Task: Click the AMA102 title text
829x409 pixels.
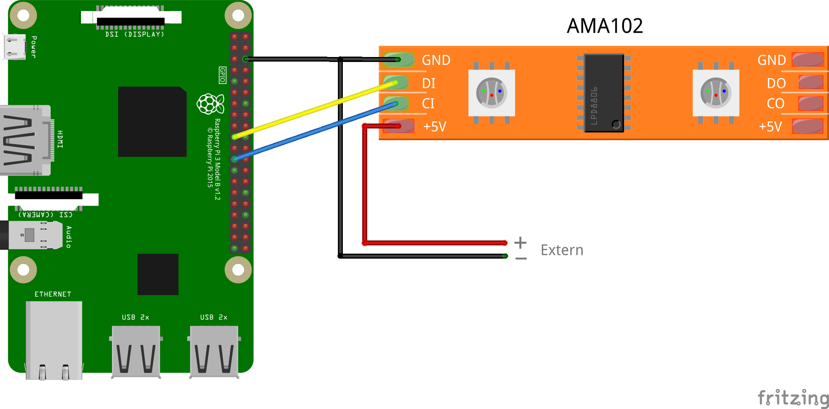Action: click(x=605, y=26)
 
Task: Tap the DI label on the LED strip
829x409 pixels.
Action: click(x=429, y=83)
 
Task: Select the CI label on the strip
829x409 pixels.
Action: click(x=428, y=103)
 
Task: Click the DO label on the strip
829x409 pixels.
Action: click(x=776, y=83)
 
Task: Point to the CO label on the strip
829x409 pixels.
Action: click(x=775, y=103)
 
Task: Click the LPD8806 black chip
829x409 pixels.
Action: click(x=604, y=93)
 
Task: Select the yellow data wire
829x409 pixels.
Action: click(x=315, y=109)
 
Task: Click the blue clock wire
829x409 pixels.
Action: click(x=315, y=131)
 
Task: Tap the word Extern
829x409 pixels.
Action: click(x=562, y=250)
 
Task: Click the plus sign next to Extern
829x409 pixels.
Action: click(x=520, y=243)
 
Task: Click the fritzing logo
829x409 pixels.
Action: click(x=793, y=398)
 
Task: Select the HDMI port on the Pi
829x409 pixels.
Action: click(x=26, y=140)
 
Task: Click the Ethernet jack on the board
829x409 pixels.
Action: click(x=54, y=340)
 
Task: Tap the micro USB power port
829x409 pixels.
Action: click(x=14, y=47)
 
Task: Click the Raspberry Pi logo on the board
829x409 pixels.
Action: click(x=210, y=104)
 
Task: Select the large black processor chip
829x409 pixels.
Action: click(x=152, y=121)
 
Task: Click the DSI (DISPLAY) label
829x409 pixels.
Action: click(x=135, y=34)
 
